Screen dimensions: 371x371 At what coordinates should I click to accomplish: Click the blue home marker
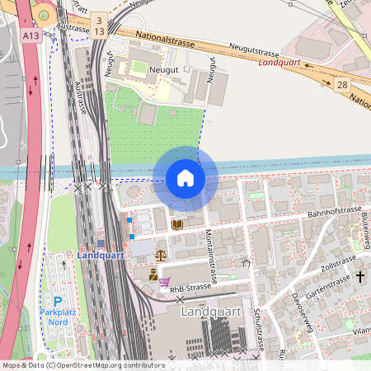pyautogui.click(x=185, y=178)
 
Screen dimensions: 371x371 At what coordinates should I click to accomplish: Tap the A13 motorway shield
pyautogui.click(x=31, y=35)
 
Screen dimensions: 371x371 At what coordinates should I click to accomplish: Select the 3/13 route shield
pyautogui.click(x=99, y=25)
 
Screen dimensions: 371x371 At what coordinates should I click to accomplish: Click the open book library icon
pyautogui.click(x=176, y=224)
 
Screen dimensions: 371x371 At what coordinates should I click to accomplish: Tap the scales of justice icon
pyautogui.click(x=160, y=255)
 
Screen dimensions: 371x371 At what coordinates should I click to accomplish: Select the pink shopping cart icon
pyautogui.click(x=164, y=281)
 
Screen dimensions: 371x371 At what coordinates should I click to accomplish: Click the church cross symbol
pyautogui.click(x=359, y=277)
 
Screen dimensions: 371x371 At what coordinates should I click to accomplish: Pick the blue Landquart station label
pyautogui.click(x=100, y=255)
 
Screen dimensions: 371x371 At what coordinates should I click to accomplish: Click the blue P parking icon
pyautogui.click(x=58, y=302)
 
